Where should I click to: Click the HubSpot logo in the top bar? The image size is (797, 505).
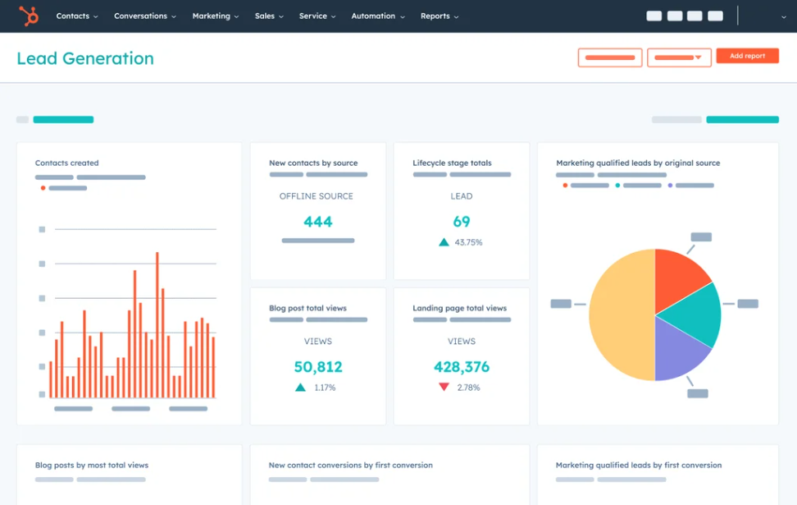coord(30,16)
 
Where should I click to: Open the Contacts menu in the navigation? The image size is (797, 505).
coord(76,16)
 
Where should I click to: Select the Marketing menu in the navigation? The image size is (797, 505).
coord(216,16)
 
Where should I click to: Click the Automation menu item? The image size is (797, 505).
coord(377,16)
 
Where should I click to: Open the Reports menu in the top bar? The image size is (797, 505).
coord(439,16)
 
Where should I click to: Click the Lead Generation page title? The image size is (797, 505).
coord(85,58)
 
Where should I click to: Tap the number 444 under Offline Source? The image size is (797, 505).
coord(318,221)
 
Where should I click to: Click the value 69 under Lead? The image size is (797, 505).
coord(462,221)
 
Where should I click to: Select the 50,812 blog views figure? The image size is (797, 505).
coord(318,366)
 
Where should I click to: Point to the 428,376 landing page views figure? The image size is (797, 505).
coord(462,366)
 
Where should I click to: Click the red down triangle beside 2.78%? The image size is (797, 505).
coord(444,387)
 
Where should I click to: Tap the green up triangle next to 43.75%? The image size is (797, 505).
coord(444,242)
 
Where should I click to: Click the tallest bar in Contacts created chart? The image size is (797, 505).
coord(157,324)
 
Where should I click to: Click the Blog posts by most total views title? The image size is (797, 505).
coord(92,465)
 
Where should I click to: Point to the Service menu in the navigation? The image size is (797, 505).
coord(317,16)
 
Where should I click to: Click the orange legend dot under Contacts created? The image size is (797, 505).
coord(43,188)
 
